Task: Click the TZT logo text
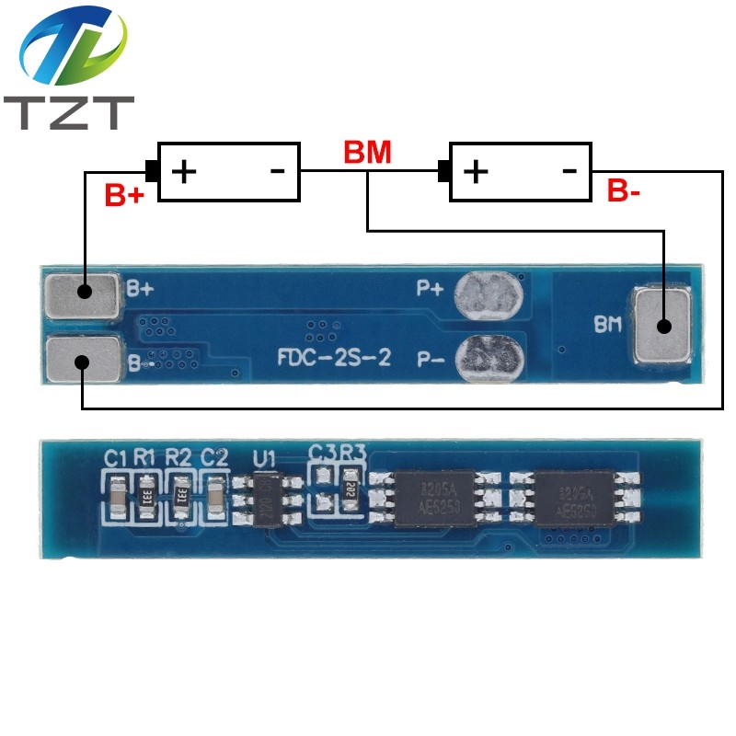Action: click(x=69, y=111)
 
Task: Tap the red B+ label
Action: click(x=124, y=195)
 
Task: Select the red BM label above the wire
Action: click(x=367, y=153)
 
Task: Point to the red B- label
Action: click(x=624, y=191)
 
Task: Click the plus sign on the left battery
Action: click(x=185, y=171)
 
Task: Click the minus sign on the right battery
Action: click(x=569, y=170)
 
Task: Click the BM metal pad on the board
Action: click(x=662, y=325)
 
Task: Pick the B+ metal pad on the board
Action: click(x=83, y=293)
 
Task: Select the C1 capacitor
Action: click(x=116, y=495)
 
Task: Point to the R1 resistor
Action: click(x=145, y=495)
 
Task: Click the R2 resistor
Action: click(x=179, y=495)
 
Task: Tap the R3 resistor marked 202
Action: click(x=350, y=489)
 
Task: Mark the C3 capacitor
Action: click(x=321, y=489)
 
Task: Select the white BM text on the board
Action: click(x=606, y=324)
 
